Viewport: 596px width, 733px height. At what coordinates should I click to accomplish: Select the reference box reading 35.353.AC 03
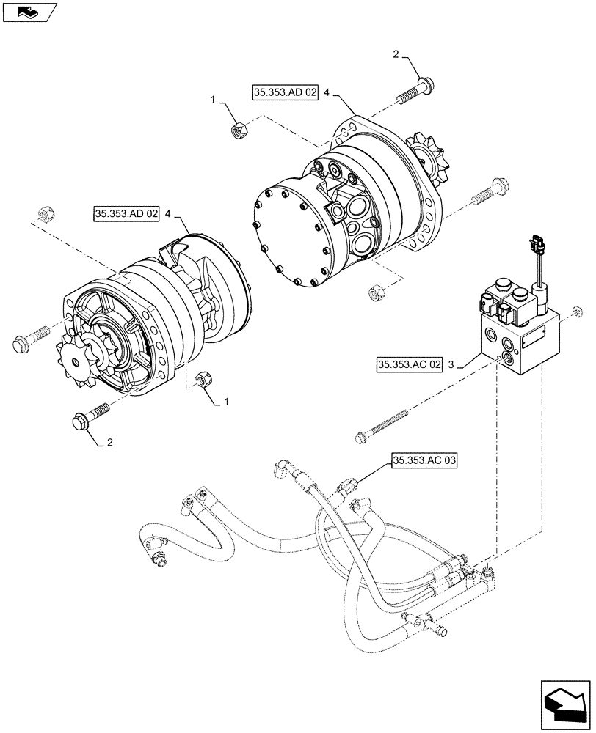coord(424,460)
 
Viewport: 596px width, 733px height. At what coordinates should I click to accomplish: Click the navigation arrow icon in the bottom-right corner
coord(564,702)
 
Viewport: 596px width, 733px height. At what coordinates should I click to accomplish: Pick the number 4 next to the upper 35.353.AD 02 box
coord(327,94)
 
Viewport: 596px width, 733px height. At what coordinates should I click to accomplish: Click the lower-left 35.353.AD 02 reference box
coord(126,214)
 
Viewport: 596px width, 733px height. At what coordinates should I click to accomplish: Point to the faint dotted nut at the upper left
coord(43,212)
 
